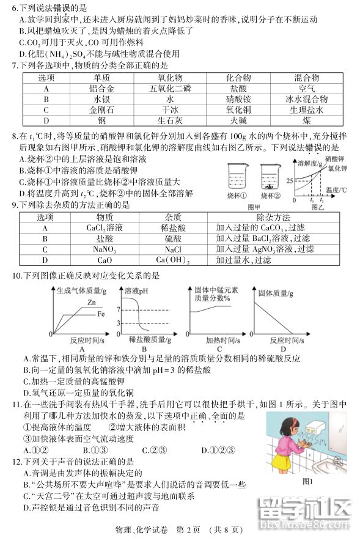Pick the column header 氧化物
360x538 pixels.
point(170,78)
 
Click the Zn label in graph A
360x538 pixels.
point(91,303)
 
